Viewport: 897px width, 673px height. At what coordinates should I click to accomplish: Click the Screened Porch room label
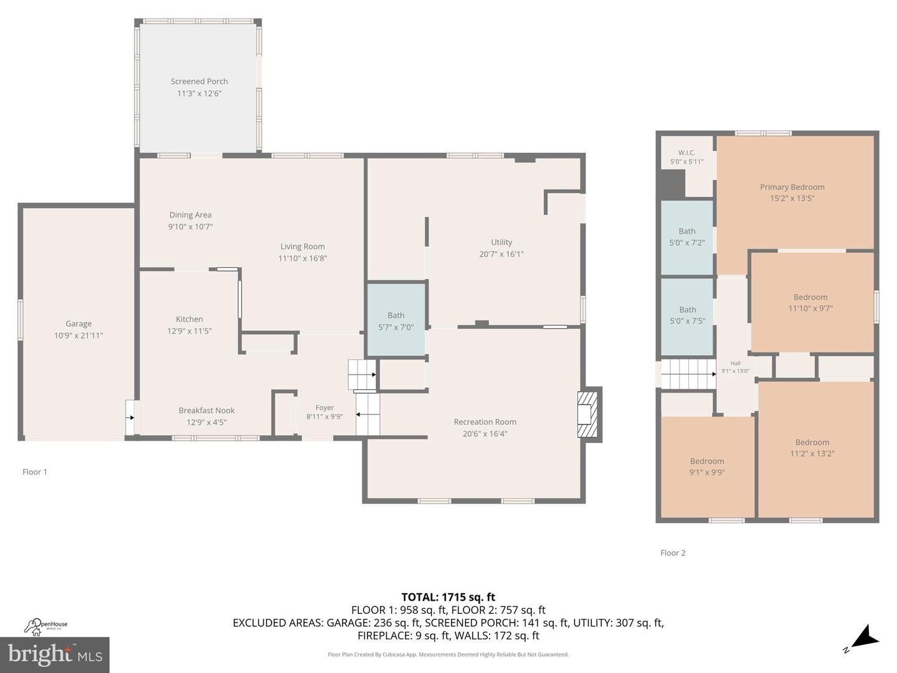199,81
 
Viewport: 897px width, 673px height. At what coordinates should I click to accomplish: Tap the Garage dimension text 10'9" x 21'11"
78,335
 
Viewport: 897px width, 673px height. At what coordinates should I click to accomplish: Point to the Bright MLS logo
55,655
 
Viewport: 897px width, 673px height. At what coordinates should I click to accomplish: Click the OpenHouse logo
46,625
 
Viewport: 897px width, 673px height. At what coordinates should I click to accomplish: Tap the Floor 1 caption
35,472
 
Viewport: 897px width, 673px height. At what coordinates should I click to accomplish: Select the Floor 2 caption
673,553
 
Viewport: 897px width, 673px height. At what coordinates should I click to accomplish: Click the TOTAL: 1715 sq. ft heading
448,597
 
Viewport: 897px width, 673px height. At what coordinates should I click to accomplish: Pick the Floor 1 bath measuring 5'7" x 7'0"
396,321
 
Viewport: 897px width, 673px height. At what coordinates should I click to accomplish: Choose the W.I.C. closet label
686,153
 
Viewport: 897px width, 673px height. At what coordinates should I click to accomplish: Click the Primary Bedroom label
792,187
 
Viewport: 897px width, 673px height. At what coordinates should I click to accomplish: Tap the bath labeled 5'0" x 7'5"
687,315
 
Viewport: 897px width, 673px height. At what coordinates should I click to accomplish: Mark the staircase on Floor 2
688,374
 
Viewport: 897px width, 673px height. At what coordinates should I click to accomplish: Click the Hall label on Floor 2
735,363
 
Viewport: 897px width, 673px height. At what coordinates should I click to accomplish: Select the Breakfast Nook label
206,410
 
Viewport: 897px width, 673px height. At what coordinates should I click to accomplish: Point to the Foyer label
325,408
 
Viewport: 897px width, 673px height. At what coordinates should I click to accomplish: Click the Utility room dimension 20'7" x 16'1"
501,254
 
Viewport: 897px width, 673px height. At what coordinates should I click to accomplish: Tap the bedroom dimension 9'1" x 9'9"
707,472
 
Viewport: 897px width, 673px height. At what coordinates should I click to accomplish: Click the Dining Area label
190,215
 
